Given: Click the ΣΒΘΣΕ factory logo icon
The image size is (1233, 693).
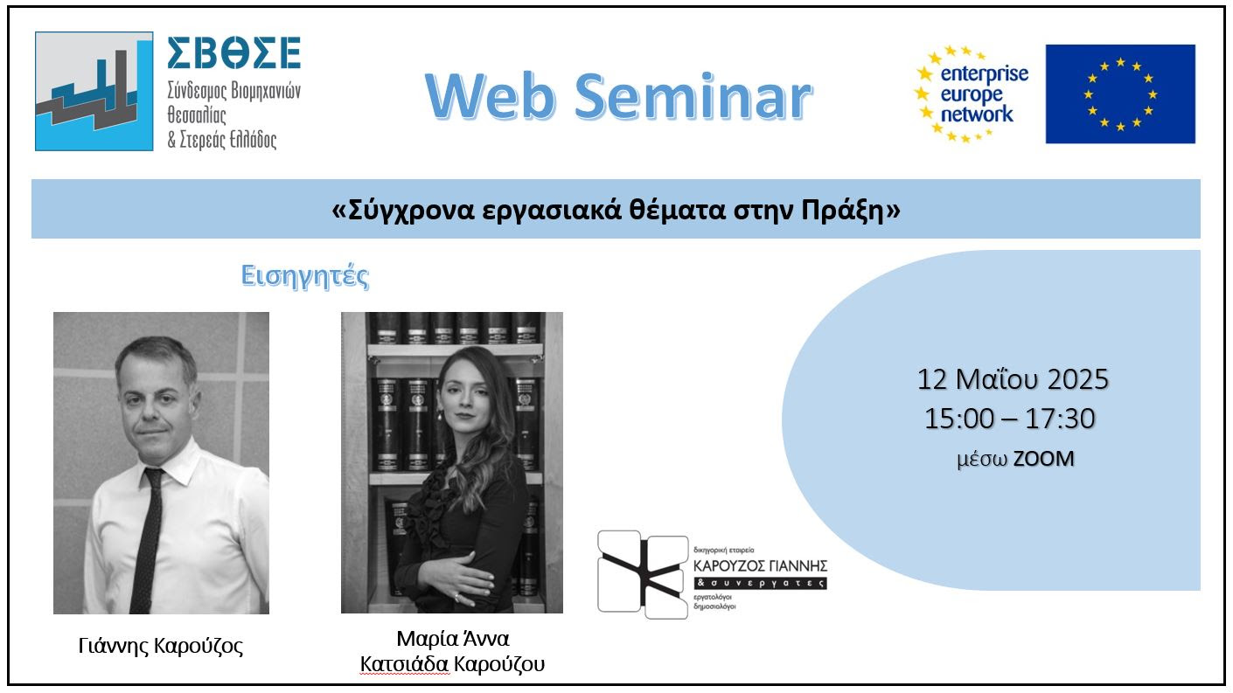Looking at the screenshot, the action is click(94, 91).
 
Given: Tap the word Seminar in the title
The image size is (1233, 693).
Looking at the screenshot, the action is click(693, 97).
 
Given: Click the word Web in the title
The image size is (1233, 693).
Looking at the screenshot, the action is click(490, 97).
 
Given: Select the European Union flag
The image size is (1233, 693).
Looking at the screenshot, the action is click(1120, 94).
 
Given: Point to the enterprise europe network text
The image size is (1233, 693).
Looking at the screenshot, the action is click(984, 94).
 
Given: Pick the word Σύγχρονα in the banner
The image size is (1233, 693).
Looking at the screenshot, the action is click(411, 211).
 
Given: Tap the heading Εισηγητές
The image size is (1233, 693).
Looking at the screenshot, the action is click(305, 276).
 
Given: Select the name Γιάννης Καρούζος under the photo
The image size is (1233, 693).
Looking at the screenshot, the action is click(161, 647).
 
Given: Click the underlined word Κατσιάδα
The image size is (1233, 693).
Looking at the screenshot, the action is click(404, 664).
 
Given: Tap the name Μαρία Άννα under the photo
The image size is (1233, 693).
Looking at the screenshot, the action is click(452, 639).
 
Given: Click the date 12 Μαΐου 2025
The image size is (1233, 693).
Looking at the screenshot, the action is click(1013, 379).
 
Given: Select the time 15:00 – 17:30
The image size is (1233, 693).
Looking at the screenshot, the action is click(1009, 419).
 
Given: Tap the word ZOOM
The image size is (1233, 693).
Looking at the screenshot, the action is click(1043, 459).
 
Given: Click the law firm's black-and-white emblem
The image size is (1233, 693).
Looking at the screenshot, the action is click(643, 574).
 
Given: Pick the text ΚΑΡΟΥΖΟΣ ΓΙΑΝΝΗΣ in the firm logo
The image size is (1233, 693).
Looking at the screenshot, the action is click(760, 566).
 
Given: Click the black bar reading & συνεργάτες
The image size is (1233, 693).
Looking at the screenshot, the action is click(760, 583).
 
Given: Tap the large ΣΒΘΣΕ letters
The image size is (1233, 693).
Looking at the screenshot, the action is click(234, 52).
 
